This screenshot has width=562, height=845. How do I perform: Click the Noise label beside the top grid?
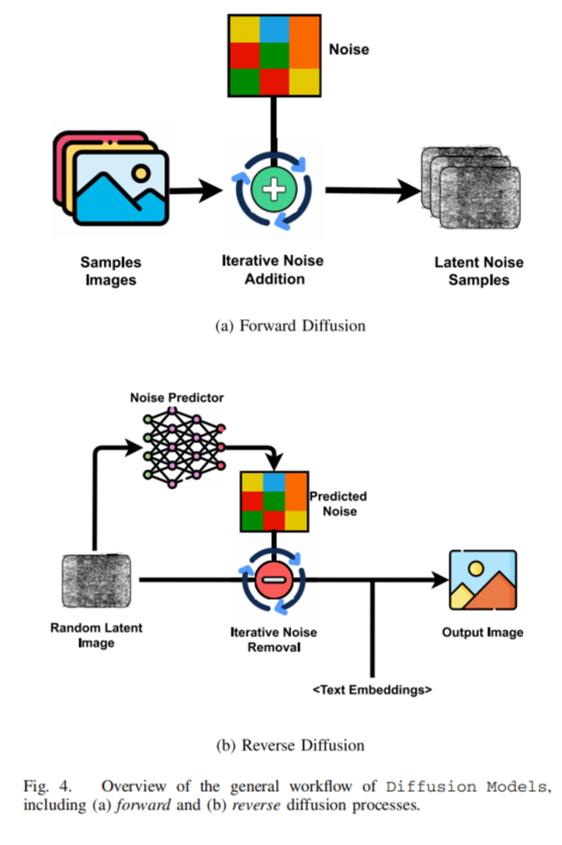point(349,49)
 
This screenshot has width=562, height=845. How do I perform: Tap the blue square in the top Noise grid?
point(274,29)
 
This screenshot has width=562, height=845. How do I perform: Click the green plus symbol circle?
point(274,189)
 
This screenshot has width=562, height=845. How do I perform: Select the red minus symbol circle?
point(274,580)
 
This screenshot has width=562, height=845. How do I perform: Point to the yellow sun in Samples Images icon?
point(141,173)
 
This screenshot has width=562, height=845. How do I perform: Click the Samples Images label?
point(111,271)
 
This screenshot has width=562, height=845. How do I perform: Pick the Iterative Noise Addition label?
point(273,269)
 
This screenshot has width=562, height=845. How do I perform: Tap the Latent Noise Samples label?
point(479,271)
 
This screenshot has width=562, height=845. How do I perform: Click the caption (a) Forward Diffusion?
point(290,326)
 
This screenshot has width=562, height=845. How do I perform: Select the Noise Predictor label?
point(177,397)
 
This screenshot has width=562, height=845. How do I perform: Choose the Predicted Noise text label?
point(338,503)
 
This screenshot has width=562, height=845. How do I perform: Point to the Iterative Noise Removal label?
point(274,640)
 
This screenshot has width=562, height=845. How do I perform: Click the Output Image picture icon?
point(483,581)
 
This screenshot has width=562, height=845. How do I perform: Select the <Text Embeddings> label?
point(372,690)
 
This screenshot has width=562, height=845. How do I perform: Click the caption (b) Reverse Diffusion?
point(290,746)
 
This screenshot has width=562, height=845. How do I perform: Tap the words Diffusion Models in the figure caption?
point(466,787)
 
